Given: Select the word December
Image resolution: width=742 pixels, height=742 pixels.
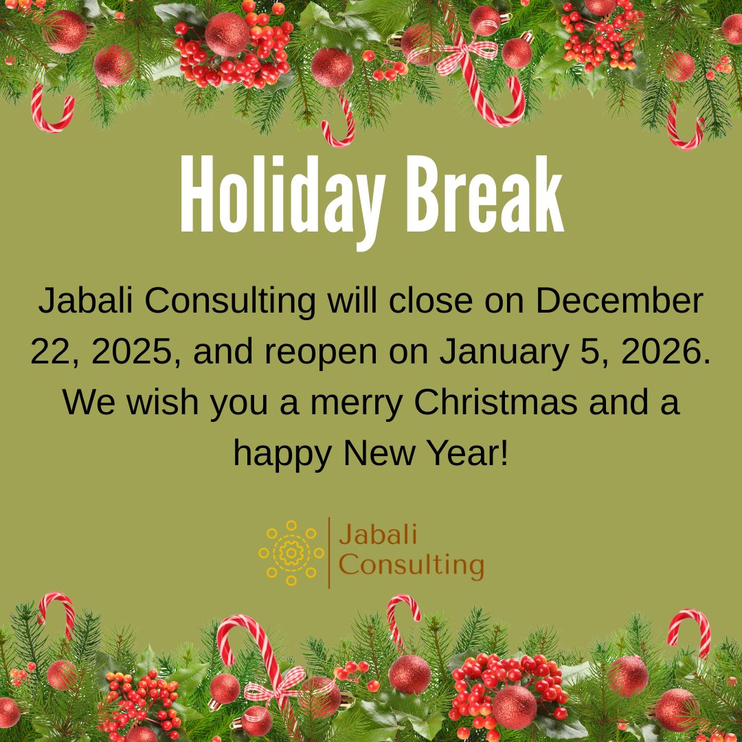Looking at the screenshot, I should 619,302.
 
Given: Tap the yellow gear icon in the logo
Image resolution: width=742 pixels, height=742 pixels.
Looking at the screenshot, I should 291,552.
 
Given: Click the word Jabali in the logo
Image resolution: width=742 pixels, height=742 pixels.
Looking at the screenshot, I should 378,535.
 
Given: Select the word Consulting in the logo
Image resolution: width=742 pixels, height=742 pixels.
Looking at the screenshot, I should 412,566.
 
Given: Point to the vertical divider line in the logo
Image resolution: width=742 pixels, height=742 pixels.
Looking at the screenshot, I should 329,552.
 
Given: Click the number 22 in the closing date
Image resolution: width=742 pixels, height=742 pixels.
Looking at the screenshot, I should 53,352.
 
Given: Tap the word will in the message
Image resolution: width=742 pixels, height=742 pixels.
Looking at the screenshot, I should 348,302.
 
